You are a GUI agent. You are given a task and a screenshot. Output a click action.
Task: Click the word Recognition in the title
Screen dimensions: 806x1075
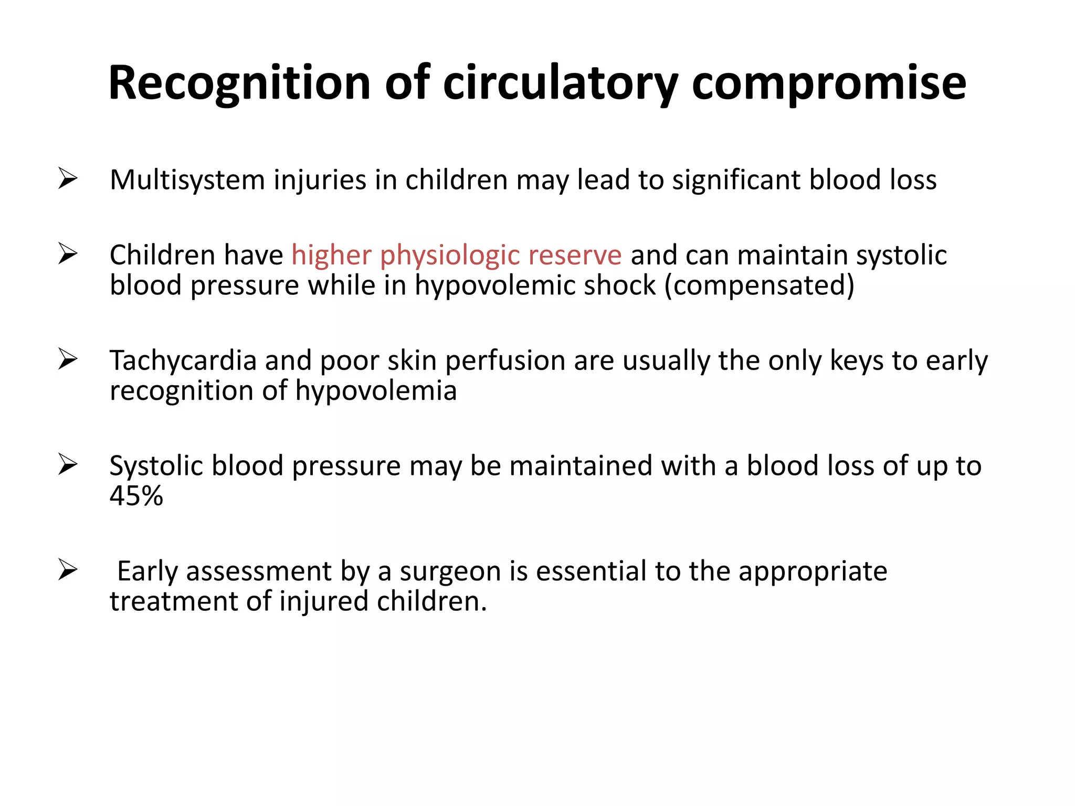coord(239,83)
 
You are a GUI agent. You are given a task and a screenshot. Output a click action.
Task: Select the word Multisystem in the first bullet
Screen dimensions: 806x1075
coord(187,180)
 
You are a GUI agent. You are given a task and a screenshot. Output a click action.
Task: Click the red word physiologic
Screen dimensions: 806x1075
coord(450,256)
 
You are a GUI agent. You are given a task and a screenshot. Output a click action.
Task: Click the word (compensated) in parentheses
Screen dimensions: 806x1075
coord(760,285)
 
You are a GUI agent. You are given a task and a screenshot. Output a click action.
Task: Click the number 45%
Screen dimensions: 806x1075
coord(136,496)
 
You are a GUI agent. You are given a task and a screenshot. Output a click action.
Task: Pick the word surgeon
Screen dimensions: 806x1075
coord(450,571)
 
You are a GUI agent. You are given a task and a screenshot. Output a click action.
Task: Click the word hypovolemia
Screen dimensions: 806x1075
coord(376,391)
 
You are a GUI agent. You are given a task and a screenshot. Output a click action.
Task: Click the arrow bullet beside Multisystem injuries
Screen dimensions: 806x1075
coord(68,178)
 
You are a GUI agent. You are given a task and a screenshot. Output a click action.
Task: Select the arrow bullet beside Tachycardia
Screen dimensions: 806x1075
coord(68,359)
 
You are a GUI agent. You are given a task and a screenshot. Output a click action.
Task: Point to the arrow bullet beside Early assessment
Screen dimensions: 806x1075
coord(68,570)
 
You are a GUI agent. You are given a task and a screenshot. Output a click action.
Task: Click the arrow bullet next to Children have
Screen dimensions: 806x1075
coord(68,254)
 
